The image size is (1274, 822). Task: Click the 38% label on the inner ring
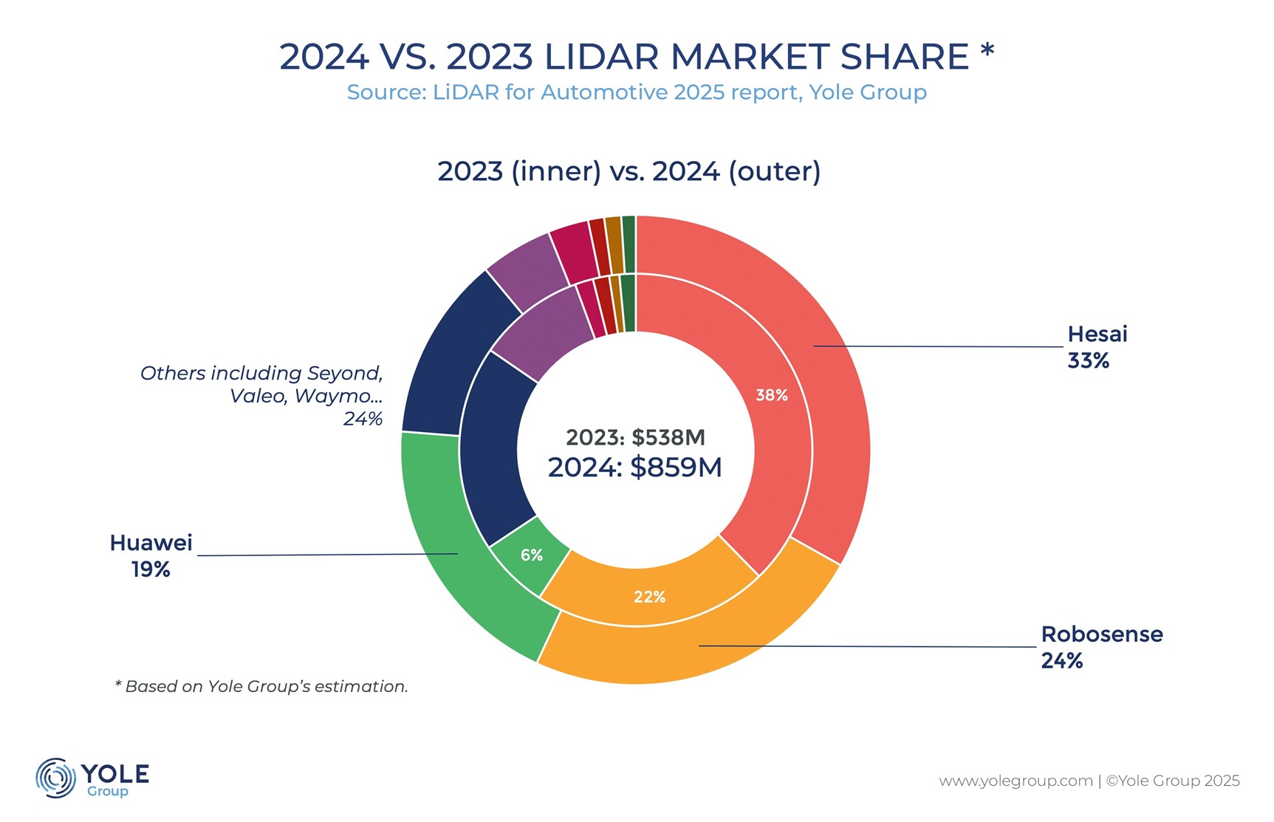tap(771, 395)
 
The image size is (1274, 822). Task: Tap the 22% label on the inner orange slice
tap(649, 597)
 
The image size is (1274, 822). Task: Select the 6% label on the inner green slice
tap(531, 555)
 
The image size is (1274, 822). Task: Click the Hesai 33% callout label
tap(1097, 347)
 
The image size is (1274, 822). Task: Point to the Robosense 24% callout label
tap(1101, 647)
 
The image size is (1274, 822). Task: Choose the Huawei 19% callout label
tap(151, 555)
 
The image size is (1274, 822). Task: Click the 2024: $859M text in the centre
tap(634, 467)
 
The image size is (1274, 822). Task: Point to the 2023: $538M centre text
tap(635, 437)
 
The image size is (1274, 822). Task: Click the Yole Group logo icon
tap(56, 778)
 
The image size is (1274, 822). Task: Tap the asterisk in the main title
tap(987, 52)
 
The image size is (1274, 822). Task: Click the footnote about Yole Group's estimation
tap(261, 686)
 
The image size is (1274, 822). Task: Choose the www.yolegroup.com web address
tap(1016, 781)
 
